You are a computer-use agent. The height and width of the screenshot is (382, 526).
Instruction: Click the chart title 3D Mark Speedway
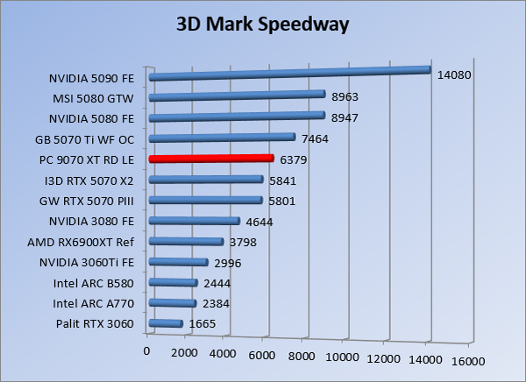(x=263, y=24)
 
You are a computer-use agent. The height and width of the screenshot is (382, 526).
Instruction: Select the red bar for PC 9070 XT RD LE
(x=211, y=159)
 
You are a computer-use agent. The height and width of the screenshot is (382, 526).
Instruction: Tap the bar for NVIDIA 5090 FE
(x=289, y=74)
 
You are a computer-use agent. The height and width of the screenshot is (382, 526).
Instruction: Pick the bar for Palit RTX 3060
(x=167, y=324)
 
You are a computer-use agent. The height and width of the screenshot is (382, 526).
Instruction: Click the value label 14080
(x=454, y=75)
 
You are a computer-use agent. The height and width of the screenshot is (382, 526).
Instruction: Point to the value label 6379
(x=294, y=160)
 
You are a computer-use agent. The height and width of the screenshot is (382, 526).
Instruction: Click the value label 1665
(x=202, y=326)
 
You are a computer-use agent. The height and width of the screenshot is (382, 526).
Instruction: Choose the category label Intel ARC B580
(x=94, y=283)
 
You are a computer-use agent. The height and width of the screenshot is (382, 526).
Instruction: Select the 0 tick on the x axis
(x=147, y=351)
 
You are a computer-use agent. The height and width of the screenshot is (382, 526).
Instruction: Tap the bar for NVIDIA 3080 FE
(x=195, y=222)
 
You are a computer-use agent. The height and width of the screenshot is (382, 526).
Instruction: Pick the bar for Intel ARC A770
(x=173, y=304)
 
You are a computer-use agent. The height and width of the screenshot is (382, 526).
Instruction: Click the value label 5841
(x=282, y=181)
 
